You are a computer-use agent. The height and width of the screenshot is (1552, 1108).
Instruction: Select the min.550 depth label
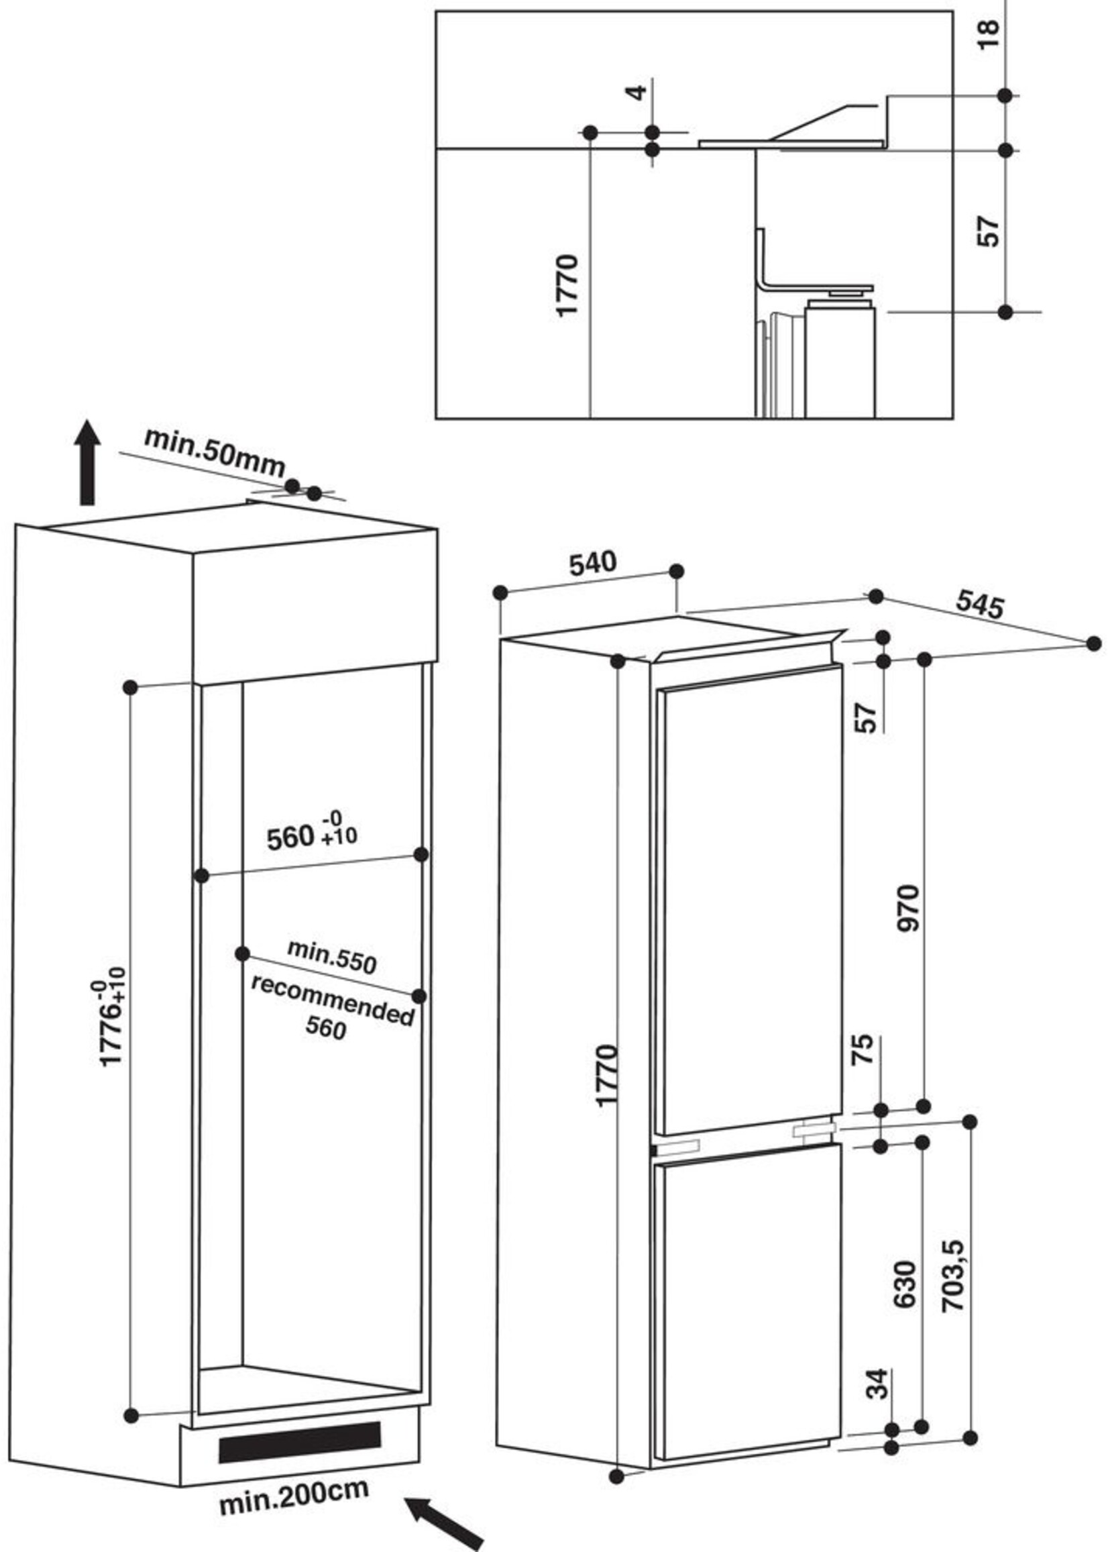pyautogui.click(x=331, y=957)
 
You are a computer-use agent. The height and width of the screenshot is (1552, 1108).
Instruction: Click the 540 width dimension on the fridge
pyautogui.click(x=592, y=564)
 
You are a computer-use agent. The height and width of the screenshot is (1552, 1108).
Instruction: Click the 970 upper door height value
pyautogui.click(x=909, y=908)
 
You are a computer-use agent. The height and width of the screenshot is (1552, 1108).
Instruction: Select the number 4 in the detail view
pyautogui.click(x=636, y=92)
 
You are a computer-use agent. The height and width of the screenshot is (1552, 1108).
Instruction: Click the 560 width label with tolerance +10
pyautogui.click(x=311, y=835)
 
